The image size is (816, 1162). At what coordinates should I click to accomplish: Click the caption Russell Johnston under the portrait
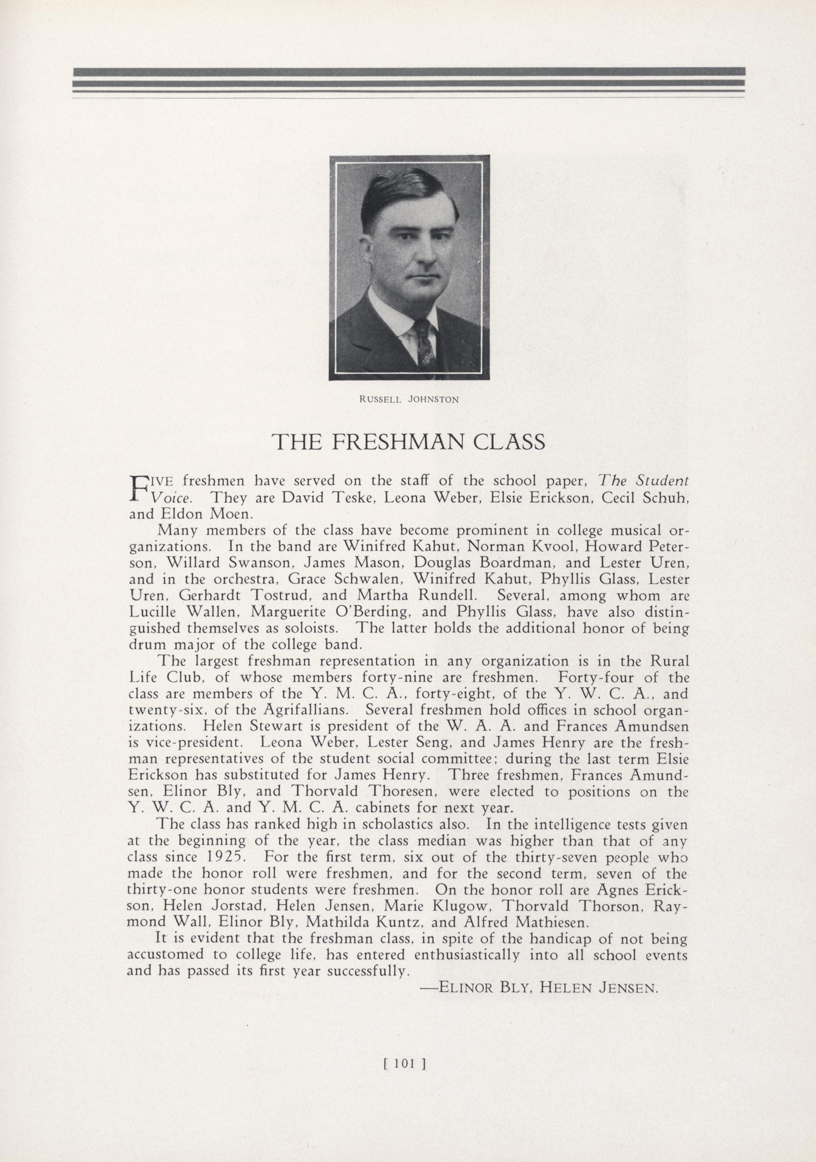409,399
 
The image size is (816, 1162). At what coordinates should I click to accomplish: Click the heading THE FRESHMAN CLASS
409,442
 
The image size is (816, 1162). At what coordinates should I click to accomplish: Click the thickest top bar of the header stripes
409,72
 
